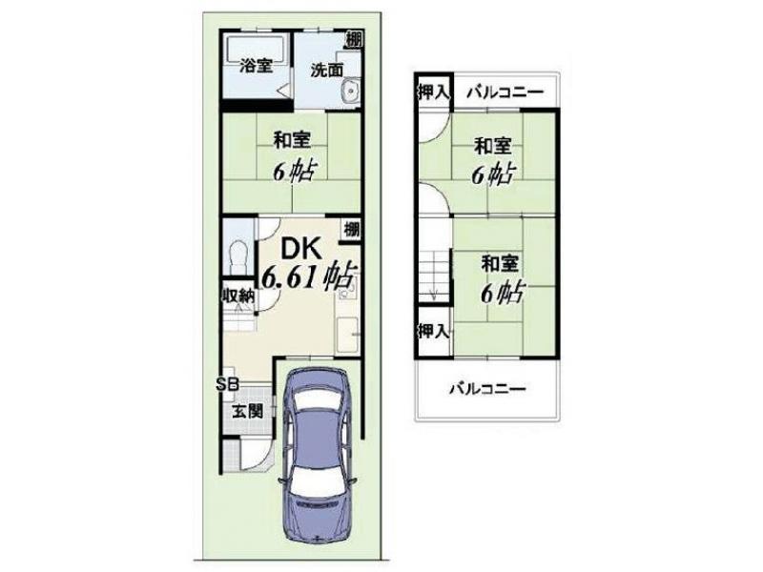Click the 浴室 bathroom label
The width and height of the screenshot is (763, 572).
[256, 66]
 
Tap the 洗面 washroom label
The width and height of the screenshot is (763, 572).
[327, 70]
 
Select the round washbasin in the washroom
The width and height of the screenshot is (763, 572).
[350, 91]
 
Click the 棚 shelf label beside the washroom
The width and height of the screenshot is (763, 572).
[354, 40]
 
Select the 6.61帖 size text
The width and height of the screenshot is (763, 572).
[308, 277]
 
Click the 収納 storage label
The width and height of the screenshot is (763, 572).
[239, 295]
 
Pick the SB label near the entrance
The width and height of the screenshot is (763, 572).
[227, 384]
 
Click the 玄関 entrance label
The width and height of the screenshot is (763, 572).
[247, 412]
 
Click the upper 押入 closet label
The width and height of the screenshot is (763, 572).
[433, 92]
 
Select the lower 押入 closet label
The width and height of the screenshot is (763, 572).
[433, 331]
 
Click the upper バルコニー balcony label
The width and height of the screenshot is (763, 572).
[505, 92]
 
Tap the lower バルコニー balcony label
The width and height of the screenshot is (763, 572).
[487, 389]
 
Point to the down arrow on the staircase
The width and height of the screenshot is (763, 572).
[435, 295]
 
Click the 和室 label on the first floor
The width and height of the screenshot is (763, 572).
[292, 140]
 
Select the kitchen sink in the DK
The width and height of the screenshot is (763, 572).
[347, 335]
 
